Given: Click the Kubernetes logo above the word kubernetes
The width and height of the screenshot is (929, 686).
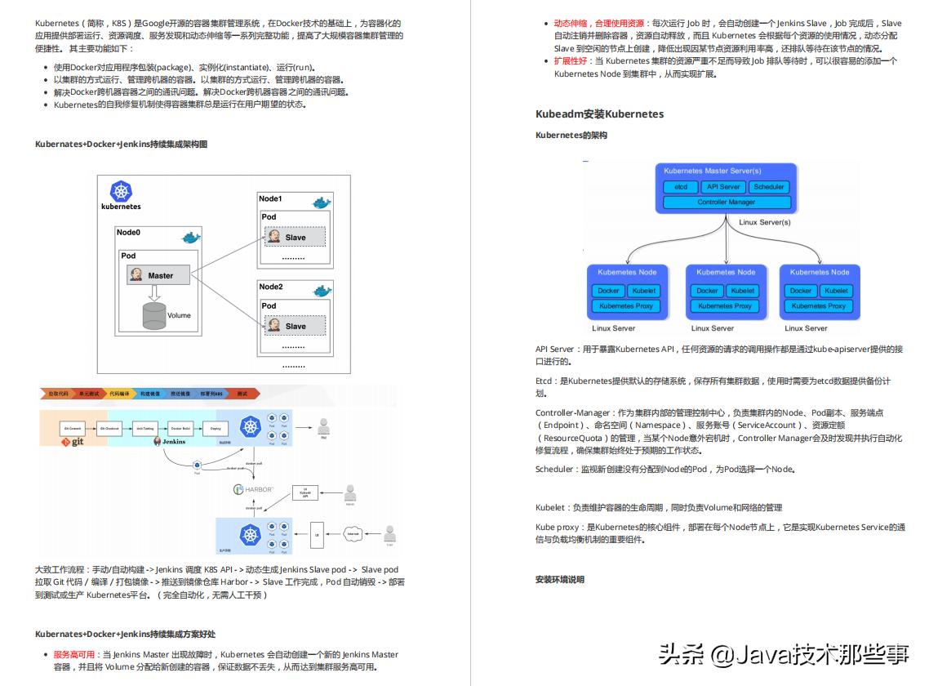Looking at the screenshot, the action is (122, 192).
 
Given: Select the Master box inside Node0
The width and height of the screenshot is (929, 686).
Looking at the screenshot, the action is (159, 275).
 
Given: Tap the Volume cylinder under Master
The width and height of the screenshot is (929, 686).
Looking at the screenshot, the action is (154, 314).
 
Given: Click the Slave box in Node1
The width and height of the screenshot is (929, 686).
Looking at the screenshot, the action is (295, 237).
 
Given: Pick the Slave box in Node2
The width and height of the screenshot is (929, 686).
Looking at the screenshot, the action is (295, 326).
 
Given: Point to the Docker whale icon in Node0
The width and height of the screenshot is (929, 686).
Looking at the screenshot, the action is (190, 237).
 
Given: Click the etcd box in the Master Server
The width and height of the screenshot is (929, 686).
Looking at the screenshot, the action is (680, 187).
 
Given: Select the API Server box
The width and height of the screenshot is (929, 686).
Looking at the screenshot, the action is (723, 187).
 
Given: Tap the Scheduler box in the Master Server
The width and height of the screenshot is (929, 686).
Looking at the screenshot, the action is (768, 187).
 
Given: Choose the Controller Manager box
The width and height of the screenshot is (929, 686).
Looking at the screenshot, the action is (726, 202).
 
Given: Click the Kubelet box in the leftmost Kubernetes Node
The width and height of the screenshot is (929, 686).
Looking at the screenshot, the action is (644, 291).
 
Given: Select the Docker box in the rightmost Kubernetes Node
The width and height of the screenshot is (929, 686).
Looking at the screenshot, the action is (801, 291).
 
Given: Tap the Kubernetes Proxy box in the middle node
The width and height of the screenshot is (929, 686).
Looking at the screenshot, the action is (726, 306).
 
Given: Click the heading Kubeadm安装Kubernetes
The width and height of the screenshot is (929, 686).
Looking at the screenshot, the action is (599, 114).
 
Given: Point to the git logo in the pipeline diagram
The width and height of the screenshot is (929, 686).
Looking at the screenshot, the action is (73, 442).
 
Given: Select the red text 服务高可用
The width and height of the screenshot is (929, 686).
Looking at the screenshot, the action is (74, 654).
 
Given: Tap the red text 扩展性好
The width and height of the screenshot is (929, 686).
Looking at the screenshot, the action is (572, 61).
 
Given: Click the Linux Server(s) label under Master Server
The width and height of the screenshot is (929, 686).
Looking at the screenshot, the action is (764, 222).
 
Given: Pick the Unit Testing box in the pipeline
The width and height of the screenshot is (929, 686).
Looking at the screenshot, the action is (145, 427).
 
